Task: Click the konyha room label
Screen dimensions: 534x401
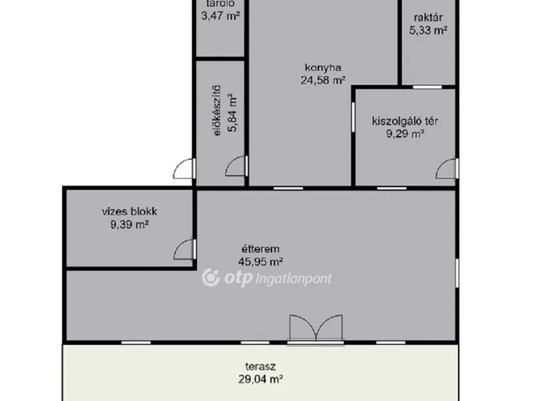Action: click(x=323, y=68)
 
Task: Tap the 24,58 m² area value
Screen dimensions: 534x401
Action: click(x=323, y=80)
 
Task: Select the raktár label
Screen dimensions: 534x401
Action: click(x=428, y=18)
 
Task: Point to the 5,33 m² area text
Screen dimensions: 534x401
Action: click(x=428, y=30)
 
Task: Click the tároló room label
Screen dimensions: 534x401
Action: click(x=220, y=3)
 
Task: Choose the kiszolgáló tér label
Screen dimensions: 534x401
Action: click(x=405, y=121)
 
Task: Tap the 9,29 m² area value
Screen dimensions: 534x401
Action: click(x=405, y=134)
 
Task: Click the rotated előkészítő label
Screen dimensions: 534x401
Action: click(x=217, y=110)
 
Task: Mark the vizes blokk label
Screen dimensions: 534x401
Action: click(x=129, y=211)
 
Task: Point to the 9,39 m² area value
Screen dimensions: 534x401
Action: click(x=129, y=225)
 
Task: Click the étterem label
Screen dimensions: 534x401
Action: click(x=260, y=249)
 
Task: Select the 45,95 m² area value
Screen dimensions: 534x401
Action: click(x=260, y=261)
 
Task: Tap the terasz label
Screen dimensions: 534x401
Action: click(x=260, y=367)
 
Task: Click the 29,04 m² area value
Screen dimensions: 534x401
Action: click(x=260, y=379)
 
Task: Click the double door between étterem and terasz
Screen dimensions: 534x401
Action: click(x=315, y=329)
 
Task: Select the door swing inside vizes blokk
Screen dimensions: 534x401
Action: click(x=184, y=249)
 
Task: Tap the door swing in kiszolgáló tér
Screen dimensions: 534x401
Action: click(x=447, y=169)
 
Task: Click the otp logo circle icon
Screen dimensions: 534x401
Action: click(x=210, y=277)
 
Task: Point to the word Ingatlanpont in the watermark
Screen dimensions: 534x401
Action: click(x=294, y=279)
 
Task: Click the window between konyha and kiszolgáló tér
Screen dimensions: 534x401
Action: click(x=353, y=117)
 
